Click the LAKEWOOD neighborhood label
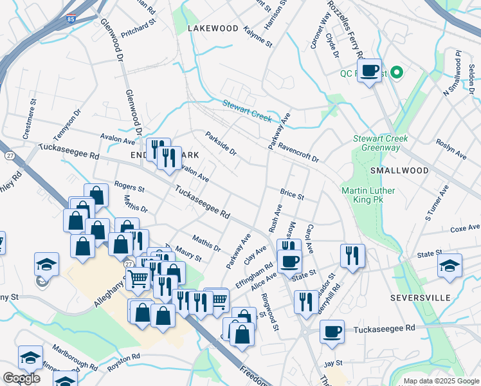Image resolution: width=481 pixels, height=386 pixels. (x=213, y=29)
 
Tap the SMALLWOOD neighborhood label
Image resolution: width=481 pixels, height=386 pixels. (x=399, y=170)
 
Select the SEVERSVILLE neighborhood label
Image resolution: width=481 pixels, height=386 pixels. (x=418, y=299)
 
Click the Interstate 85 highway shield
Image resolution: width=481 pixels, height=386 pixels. (x=69, y=20)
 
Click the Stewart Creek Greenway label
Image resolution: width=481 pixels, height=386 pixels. (x=376, y=143)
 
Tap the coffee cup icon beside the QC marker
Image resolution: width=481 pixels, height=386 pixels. (x=369, y=71)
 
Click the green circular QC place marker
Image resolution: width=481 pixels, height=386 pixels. (x=397, y=72)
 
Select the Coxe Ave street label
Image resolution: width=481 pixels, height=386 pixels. (x=465, y=228)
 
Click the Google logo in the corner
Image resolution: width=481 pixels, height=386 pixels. (x=21, y=378)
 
